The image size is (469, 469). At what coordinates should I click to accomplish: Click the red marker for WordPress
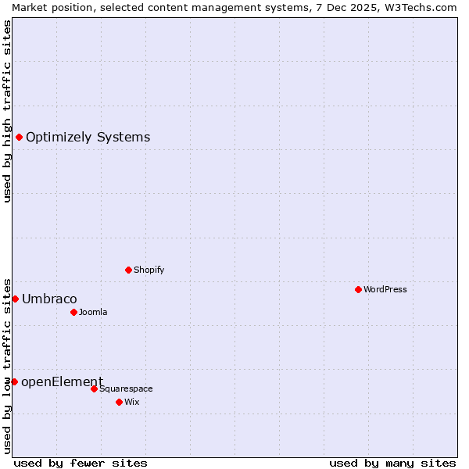tap(358, 289)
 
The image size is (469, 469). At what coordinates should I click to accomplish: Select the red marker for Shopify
tap(128, 270)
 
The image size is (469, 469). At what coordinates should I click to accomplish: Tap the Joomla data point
tap(73, 312)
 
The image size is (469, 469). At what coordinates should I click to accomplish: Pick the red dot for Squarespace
tap(94, 388)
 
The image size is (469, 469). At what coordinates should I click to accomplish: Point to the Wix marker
tap(119, 402)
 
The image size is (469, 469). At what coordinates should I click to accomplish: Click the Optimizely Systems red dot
tap(19, 138)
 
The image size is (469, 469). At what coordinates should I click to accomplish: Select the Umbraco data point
tap(15, 299)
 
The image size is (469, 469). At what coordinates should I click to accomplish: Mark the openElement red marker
tap(14, 381)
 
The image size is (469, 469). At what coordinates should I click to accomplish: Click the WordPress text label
tap(385, 289)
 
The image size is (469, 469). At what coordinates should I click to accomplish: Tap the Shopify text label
tap(149, 270)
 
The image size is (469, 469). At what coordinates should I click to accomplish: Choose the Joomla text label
tap(93, 312)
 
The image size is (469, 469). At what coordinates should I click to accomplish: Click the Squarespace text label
tap(126, 388)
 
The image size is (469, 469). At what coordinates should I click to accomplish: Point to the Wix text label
tap(132, 402)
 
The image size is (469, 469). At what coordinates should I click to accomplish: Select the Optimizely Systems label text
tap(88, 138)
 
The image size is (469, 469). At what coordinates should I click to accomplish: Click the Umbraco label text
tap(49, 299)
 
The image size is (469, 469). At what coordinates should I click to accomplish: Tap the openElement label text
tap(62, 381)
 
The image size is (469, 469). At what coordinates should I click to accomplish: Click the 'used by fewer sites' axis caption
tap(81, 463)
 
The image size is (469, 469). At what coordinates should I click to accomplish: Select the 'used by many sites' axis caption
tap(392, 463)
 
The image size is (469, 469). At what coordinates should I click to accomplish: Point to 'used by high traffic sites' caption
tap(7, 111)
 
